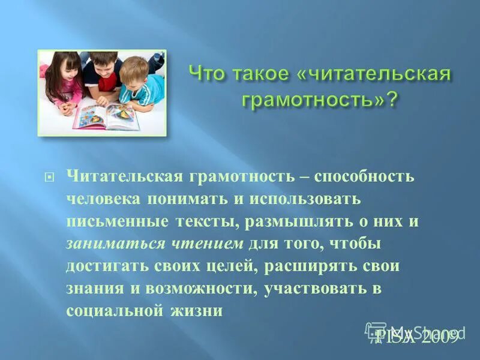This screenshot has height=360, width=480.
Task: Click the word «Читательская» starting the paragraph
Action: (x=124, y=176)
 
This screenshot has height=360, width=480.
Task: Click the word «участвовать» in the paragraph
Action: (x=313, y=288)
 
